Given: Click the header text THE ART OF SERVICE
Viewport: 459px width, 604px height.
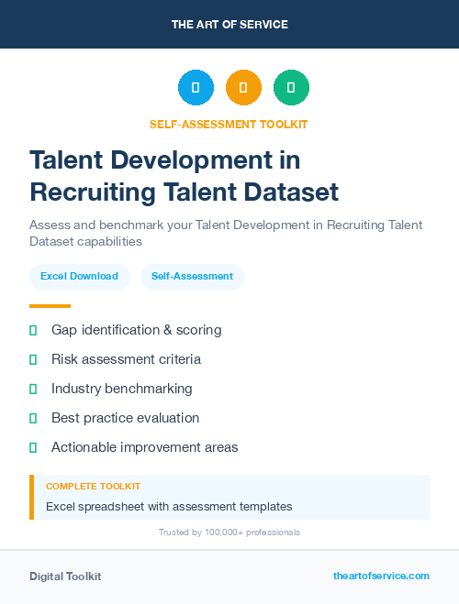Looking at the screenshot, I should pos(229,25).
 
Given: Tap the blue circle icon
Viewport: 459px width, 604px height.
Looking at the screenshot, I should pos(196,88).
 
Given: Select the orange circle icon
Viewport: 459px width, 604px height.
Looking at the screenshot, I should pos(243,88).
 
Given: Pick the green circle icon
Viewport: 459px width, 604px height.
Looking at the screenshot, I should pos(291,88).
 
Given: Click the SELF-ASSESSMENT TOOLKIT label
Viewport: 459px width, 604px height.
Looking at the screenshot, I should pos(229,124).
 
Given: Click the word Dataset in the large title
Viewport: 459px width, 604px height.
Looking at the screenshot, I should pos(291,192).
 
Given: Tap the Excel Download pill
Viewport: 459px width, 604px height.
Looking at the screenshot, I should pos(79,276).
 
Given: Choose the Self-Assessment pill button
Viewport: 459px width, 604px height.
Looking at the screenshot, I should pos(192,276).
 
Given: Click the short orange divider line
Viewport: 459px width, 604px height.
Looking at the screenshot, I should pos(50,306).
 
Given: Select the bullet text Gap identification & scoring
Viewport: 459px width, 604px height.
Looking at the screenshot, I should pos(136,330).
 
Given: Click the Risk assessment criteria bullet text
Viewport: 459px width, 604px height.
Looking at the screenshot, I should pos(126,359).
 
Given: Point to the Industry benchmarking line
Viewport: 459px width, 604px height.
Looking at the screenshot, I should pos(121,389).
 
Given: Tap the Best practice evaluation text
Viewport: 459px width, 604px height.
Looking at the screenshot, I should pos(125,418).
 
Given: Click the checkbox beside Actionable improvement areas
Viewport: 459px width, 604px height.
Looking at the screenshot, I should pos(33,447).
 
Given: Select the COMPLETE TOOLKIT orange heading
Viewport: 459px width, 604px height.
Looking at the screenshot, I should pos(93,487).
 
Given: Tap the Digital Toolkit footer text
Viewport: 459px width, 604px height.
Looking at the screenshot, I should pos(65,577).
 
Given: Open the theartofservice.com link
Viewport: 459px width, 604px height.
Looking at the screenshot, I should pos(381,576).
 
